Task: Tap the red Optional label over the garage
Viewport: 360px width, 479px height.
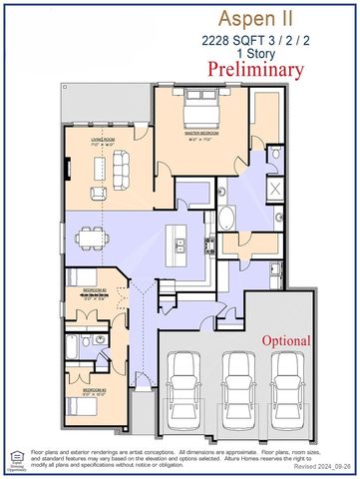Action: (x=286, y=340)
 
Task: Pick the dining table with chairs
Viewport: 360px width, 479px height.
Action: (x=96, y=238)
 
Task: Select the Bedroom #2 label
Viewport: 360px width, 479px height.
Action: (x=95, y=290)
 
